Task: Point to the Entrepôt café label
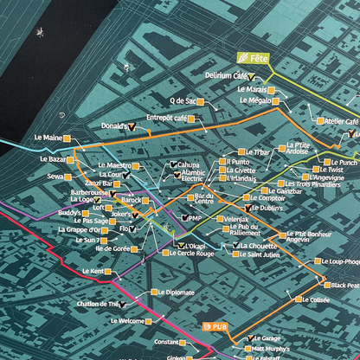click(x=167, y=117)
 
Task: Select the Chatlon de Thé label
click(x=97, y=304)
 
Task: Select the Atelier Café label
click(x=341, y=122)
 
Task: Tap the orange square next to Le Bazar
click(x=72, y=160)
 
